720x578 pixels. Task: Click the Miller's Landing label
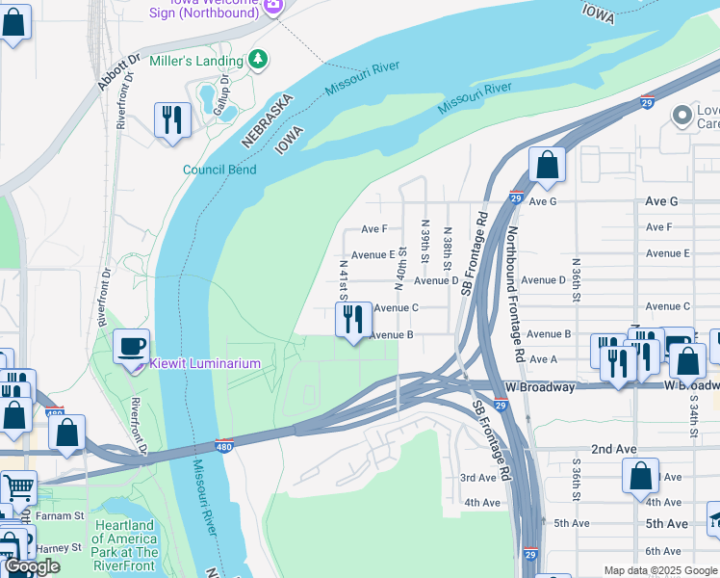196,61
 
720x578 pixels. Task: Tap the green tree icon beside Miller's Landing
257,60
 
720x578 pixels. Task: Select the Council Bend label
219,170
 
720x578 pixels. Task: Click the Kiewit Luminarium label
204,364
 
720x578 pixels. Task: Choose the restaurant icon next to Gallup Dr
172,120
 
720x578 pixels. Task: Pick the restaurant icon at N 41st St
353,319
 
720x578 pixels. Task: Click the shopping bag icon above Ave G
547,165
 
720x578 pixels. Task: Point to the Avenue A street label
544,359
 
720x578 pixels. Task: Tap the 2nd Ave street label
613,449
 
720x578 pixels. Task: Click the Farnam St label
54,516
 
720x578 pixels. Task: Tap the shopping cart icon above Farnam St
16,488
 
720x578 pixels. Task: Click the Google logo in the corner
32,566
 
